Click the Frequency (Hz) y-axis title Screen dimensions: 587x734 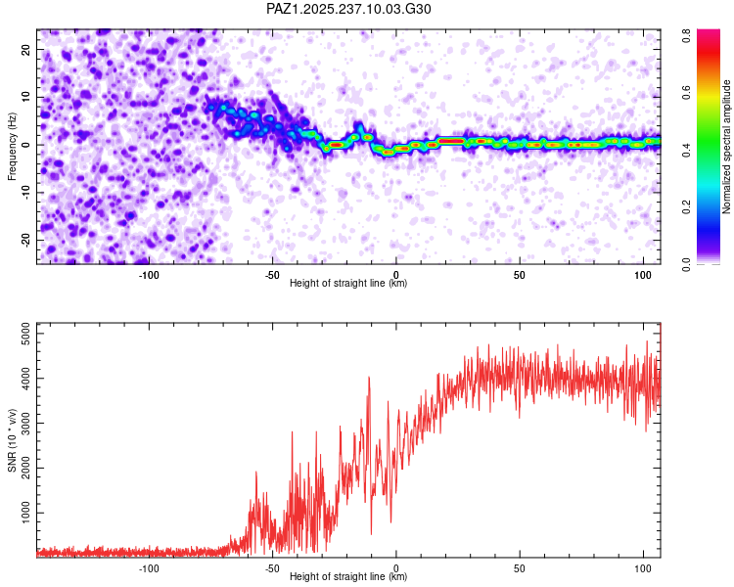[12, 146]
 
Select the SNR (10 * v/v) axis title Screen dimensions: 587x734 [12, 438]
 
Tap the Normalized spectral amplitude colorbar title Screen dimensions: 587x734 [728, 146]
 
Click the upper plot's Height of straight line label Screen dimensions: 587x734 [348, 283]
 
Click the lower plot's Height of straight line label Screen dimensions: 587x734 [348, 576]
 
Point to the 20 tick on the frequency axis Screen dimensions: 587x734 [26, 49]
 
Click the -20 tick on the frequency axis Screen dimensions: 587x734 [24, 240]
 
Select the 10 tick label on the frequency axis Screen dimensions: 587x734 [26, 97]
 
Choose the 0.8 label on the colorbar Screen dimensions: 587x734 [688, 33]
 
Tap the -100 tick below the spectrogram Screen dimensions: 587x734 [149, 275]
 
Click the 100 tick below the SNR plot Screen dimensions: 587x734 [643, 567]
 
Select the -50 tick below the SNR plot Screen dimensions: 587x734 [272, 567]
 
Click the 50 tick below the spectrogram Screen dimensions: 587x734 [520, 275]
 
